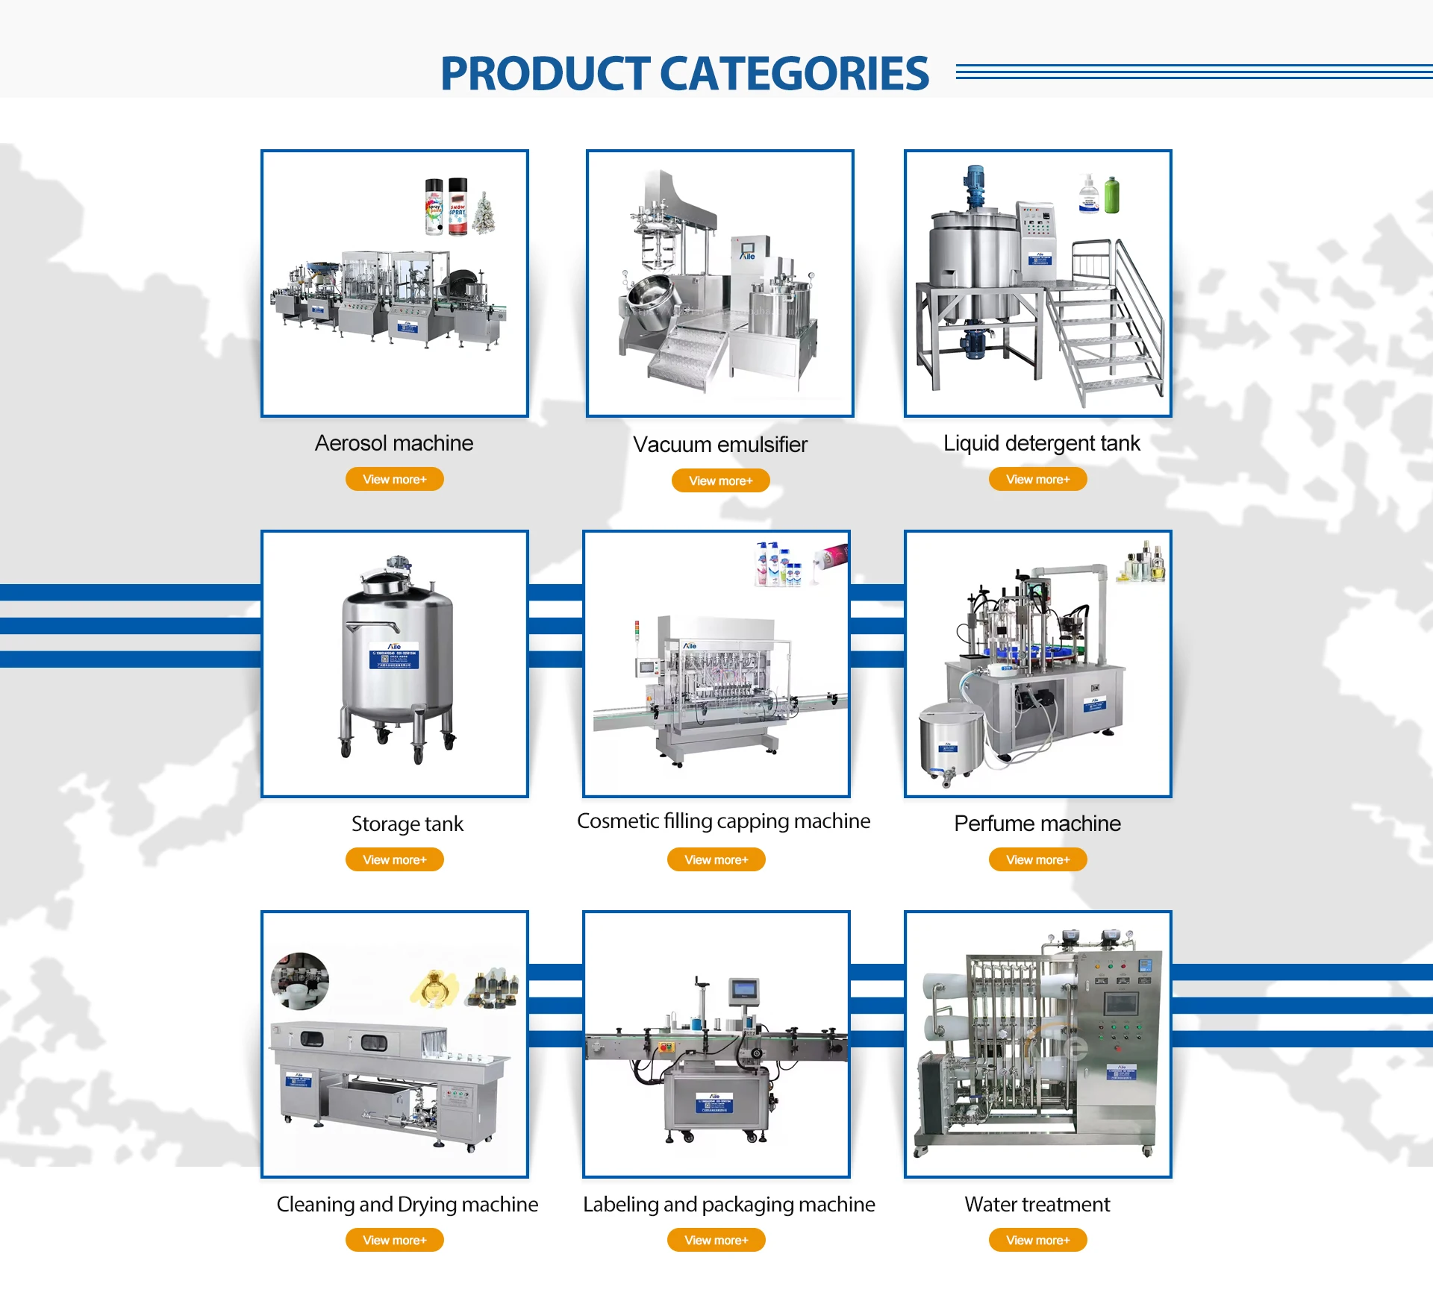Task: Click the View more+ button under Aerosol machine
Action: (394, 479)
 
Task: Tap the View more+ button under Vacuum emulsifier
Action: (720, 480)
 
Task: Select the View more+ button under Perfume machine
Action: (1037, 859)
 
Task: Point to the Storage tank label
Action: (407, 824)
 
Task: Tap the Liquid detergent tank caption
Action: (1041, 443)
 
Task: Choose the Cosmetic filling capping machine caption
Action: (723, 821)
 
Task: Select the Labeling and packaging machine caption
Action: (728, 1204)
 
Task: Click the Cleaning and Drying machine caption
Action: (407, 1204)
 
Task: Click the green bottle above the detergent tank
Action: (1111, 195)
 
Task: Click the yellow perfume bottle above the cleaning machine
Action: (434, 989)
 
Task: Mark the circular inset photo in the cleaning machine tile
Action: (300, 979)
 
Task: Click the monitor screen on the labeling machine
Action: (744, 990)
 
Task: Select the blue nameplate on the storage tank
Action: (394, 658)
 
